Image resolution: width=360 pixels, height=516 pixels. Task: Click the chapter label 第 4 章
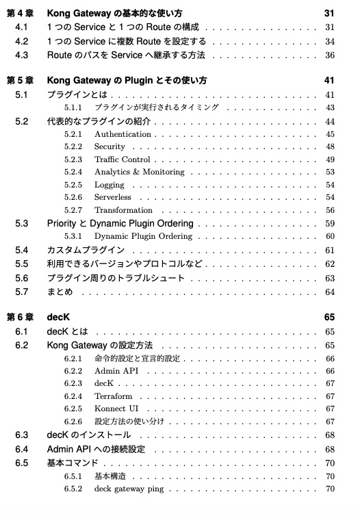20,14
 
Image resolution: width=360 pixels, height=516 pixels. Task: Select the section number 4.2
22,41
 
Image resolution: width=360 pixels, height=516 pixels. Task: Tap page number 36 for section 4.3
330,55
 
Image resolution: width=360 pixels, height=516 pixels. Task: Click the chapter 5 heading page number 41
330,81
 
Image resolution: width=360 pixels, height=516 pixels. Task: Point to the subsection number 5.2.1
73,134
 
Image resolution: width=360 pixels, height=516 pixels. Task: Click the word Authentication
123,134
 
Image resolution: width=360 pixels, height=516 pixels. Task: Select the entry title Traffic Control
122,159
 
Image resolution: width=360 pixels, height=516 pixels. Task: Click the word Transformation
123,210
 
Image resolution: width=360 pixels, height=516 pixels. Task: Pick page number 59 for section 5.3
330,224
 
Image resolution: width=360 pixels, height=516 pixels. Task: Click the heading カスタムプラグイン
86,250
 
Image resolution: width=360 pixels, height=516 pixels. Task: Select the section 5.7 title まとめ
60,292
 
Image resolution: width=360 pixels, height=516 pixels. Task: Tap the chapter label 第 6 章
20,318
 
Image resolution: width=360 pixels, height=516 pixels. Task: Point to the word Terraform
114,396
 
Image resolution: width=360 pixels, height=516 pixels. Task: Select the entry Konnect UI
116,409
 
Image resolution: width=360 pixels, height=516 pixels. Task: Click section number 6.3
22,435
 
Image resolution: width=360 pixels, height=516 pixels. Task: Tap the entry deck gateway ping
134,489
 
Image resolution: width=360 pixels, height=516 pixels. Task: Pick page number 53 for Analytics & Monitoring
330,172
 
